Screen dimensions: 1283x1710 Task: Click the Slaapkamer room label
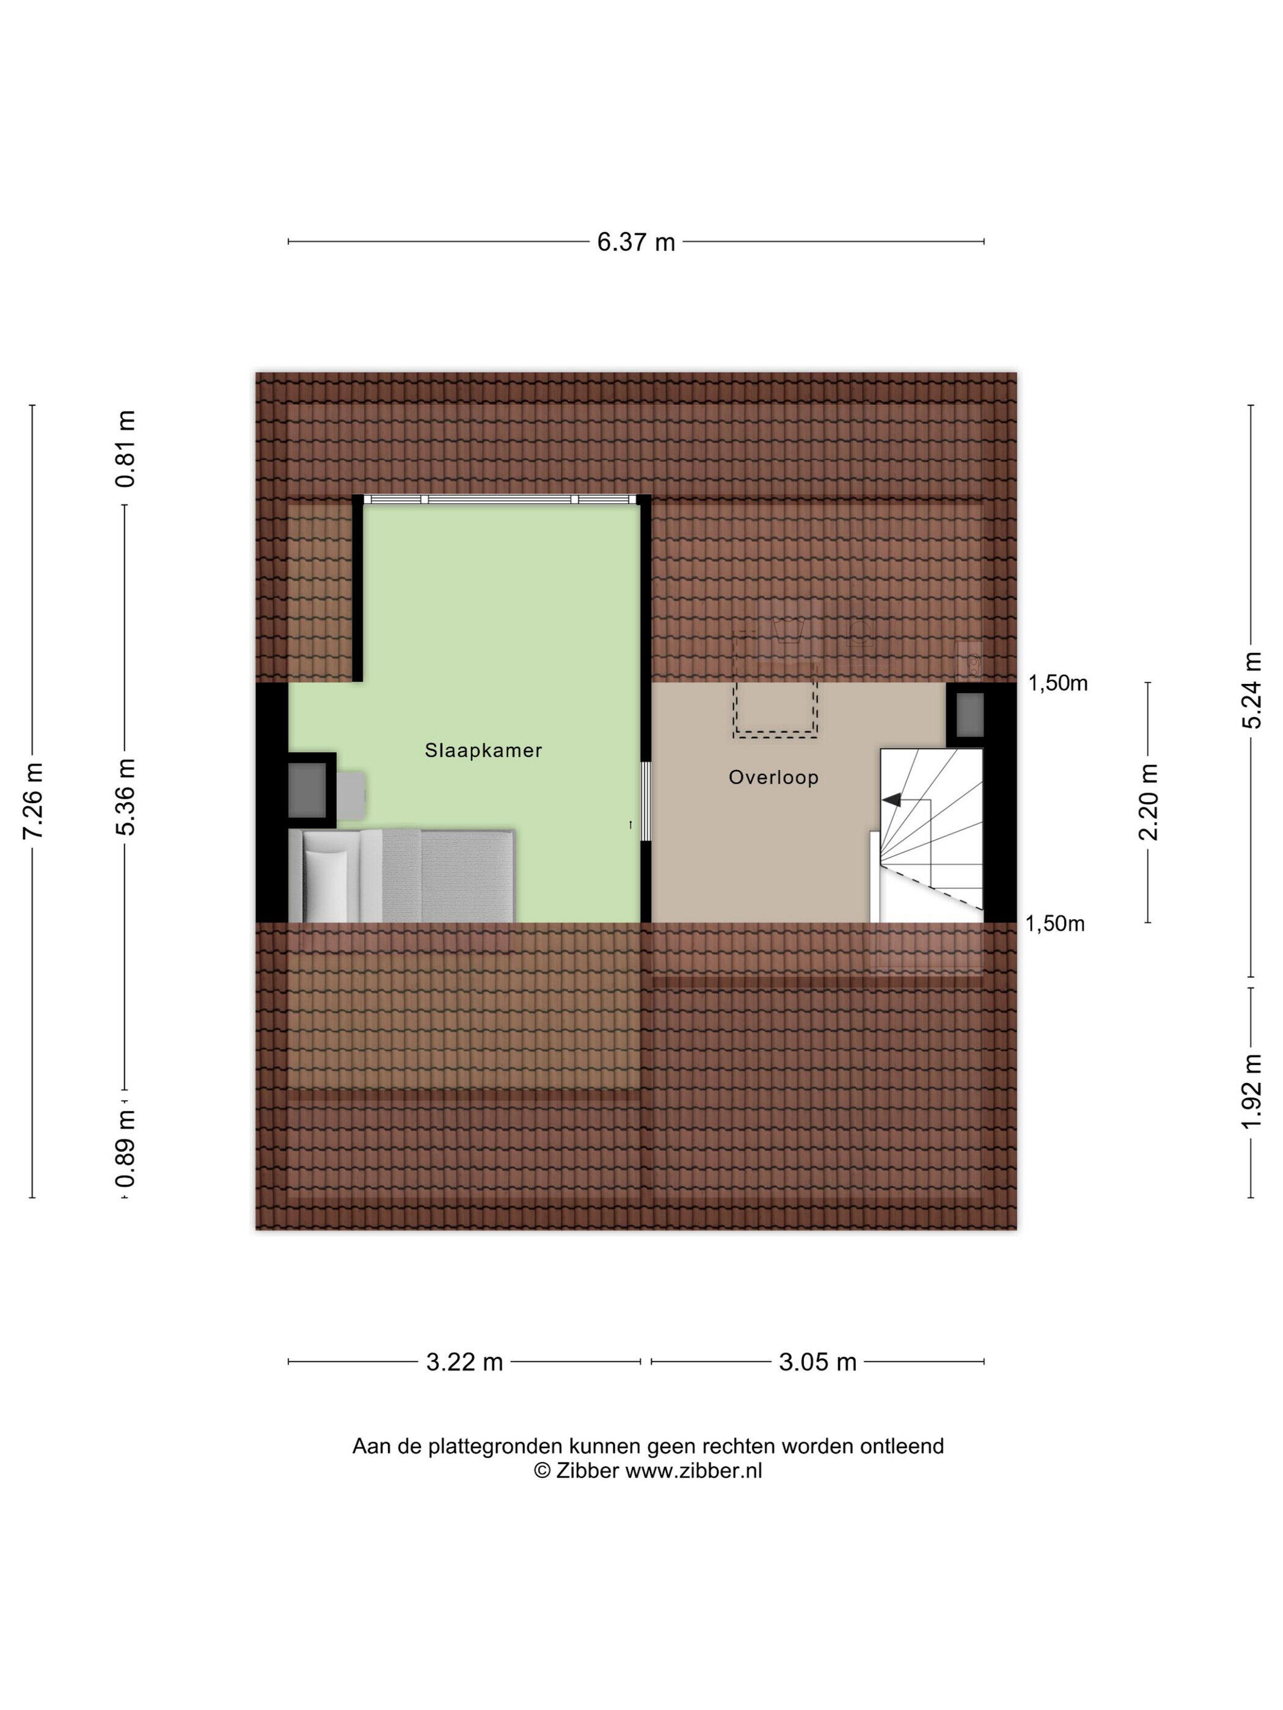coord(483,750)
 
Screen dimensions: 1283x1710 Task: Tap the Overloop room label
coord(773,777)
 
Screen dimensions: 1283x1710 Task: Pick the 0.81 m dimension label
coord(126,448)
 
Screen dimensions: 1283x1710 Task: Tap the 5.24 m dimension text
coord(1251,689)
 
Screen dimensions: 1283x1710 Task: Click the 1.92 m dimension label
coord(1251,1091)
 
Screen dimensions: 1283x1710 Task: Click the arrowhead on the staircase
coord(893,800)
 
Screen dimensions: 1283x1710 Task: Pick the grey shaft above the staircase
coord(970,715)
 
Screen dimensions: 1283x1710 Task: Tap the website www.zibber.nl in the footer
coord(693,1471)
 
